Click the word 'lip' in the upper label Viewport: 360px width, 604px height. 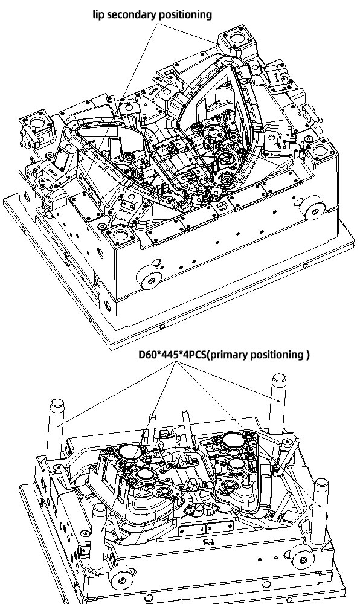coord(98,14)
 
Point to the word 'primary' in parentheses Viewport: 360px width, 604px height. coord(229,355)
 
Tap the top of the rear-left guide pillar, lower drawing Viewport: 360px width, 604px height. coord(57,403)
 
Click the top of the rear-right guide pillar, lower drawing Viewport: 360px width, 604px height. coord(279,378)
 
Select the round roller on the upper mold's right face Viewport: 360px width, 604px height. coord(314,210)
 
